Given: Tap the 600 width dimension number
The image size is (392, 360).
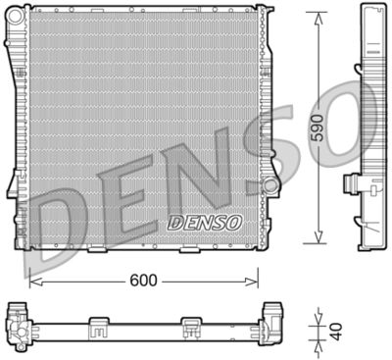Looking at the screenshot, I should (x=144, y=280).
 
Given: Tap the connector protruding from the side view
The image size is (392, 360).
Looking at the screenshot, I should (x=351, y=185).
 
